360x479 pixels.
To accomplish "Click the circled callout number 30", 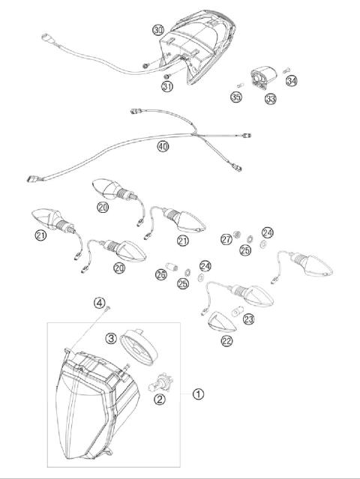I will (157, 30).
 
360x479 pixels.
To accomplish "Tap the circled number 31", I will (169, 86).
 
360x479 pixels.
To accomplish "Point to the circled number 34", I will (292, 80).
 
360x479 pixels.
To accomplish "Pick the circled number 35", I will (237, 97).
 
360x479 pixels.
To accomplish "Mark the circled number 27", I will (226, 239).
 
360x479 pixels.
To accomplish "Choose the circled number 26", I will (160, 275).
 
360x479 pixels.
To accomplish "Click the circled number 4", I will (99, 303).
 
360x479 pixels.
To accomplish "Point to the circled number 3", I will (109, 339).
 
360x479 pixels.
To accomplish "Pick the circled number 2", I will (159, 400).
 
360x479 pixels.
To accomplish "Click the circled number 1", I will (199, 392).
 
